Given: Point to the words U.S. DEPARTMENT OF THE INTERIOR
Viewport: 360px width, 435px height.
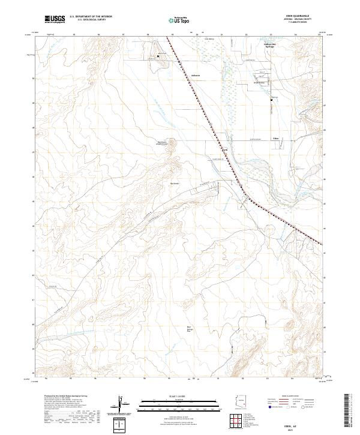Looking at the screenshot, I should [91, 17].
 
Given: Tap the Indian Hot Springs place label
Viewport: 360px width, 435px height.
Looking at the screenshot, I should [271, 46].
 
